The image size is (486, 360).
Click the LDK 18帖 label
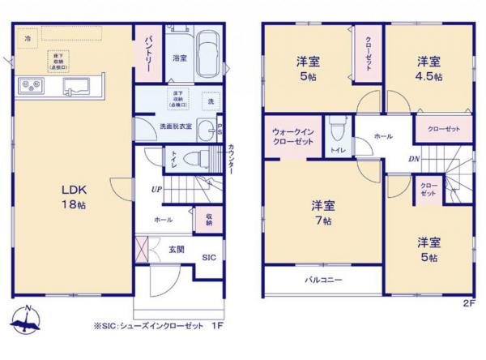74,197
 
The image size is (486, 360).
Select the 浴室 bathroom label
180,58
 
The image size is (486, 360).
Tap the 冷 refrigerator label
28,38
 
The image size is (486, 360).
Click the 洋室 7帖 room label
322,212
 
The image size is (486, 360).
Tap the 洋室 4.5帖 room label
429,68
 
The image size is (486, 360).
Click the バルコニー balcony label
322,280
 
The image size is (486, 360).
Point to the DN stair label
413,158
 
